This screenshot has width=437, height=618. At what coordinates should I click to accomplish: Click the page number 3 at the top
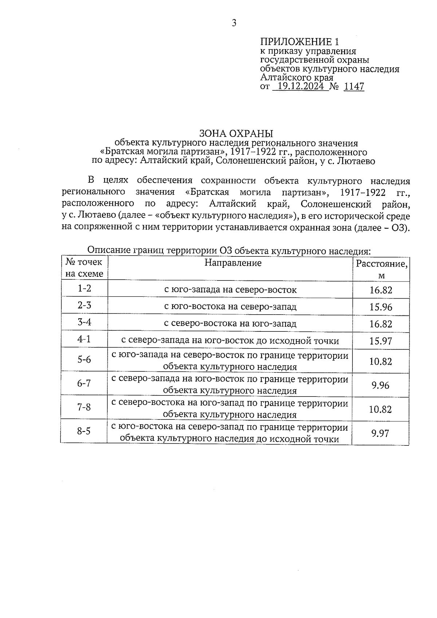point(234,23)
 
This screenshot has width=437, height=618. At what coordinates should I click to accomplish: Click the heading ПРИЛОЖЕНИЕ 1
point(299,42)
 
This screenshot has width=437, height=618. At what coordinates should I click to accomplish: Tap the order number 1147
point(354,87)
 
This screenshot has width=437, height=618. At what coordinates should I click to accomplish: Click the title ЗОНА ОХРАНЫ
point(236,133)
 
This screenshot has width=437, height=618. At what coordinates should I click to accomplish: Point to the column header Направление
point(233,263)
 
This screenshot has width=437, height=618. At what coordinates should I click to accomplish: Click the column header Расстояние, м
point(381,269)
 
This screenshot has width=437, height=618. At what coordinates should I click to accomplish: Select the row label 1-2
point(84,288)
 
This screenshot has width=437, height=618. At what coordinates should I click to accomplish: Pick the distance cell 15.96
point(381,307)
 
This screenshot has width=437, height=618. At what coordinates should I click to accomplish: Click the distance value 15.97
point(381,341)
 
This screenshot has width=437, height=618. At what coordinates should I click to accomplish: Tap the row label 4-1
point(84,339)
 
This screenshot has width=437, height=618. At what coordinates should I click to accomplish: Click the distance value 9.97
point(381,433)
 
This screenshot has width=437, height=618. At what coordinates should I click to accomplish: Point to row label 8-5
point(84,432)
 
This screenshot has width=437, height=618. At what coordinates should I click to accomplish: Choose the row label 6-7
point(84,383)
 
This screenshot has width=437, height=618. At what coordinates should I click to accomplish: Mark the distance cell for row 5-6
point(381,361)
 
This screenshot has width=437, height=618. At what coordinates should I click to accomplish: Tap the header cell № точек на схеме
point(84,268)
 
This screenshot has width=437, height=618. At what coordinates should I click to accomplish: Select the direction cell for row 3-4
point(230,323)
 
